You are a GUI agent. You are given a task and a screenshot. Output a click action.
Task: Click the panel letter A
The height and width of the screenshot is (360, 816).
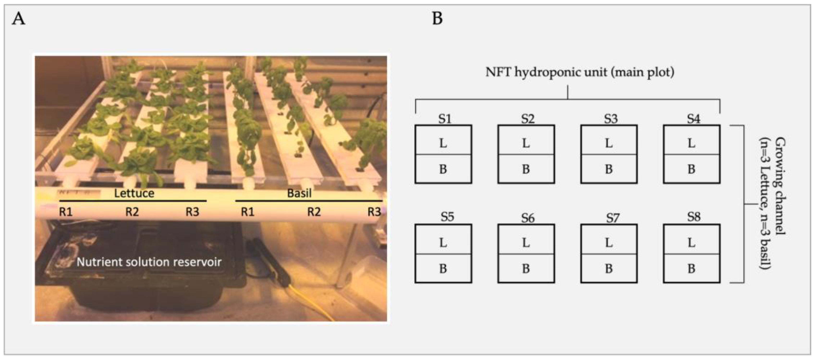(18, 19)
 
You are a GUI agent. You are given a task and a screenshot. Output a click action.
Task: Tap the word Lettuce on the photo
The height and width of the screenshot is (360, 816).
(134, 193)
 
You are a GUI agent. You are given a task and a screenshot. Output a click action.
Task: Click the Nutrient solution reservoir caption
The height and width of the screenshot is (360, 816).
(149, 262)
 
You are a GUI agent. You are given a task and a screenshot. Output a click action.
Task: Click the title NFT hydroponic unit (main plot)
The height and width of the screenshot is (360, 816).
(580, 72)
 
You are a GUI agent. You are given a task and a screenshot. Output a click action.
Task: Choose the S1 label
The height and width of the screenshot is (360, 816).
(445, 119)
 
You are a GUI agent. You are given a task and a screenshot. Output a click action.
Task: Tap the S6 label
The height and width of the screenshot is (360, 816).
(528, 218)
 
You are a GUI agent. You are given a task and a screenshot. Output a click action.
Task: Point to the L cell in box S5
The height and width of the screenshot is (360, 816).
(443, 243)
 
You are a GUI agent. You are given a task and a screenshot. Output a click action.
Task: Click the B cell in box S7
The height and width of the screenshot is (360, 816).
(609, 269)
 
